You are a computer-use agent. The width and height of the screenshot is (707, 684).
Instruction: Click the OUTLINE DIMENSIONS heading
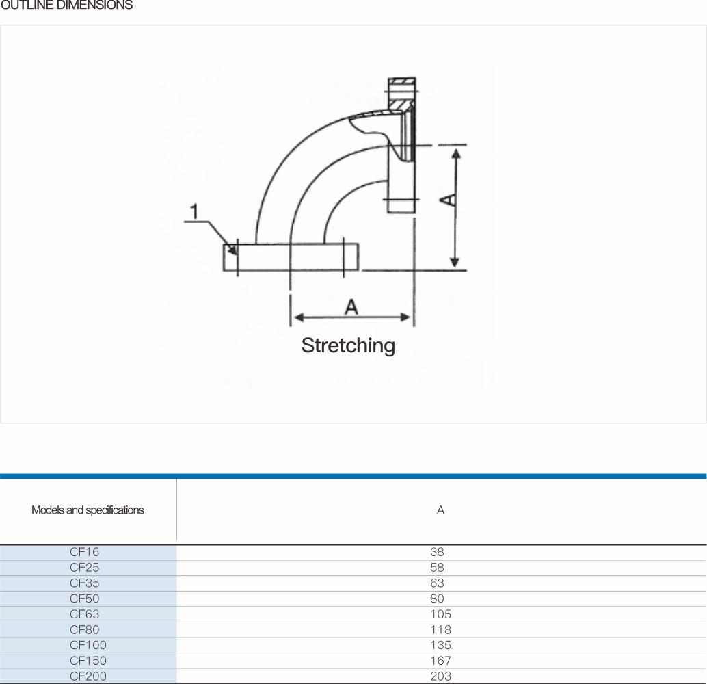(67, 5)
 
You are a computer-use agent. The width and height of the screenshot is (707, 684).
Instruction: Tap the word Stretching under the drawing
(348, 346)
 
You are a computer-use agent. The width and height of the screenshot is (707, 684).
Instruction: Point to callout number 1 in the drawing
(194, 211)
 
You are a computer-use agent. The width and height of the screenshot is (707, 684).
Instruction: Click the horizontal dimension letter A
(351, 307)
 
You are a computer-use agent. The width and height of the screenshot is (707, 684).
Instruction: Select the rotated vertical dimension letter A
(448, 199)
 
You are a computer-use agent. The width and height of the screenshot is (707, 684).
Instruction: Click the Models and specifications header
(88, 510)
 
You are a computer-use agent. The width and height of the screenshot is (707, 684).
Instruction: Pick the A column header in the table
(440, 510)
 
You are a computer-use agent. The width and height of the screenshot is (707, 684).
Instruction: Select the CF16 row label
(84, 552)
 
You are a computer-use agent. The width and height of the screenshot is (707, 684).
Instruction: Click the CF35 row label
(84, 583)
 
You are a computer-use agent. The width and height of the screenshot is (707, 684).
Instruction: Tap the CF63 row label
(84, 614)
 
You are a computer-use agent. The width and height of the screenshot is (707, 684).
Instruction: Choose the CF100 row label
(88, 645)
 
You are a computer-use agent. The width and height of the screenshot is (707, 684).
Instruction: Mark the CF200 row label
(88, 676)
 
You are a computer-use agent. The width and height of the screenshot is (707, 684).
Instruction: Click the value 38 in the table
(437, 552)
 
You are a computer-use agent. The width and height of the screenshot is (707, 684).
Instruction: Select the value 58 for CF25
(437, 567)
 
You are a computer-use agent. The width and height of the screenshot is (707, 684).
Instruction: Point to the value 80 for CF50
(437, 598)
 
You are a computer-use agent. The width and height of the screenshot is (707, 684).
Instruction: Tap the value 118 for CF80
(440, 629)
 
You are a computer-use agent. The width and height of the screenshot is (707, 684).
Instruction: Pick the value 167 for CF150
(440, 661)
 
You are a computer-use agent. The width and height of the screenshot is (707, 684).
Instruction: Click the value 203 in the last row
(440, 676)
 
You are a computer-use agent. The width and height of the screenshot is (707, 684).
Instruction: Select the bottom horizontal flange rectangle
(291, 257)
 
